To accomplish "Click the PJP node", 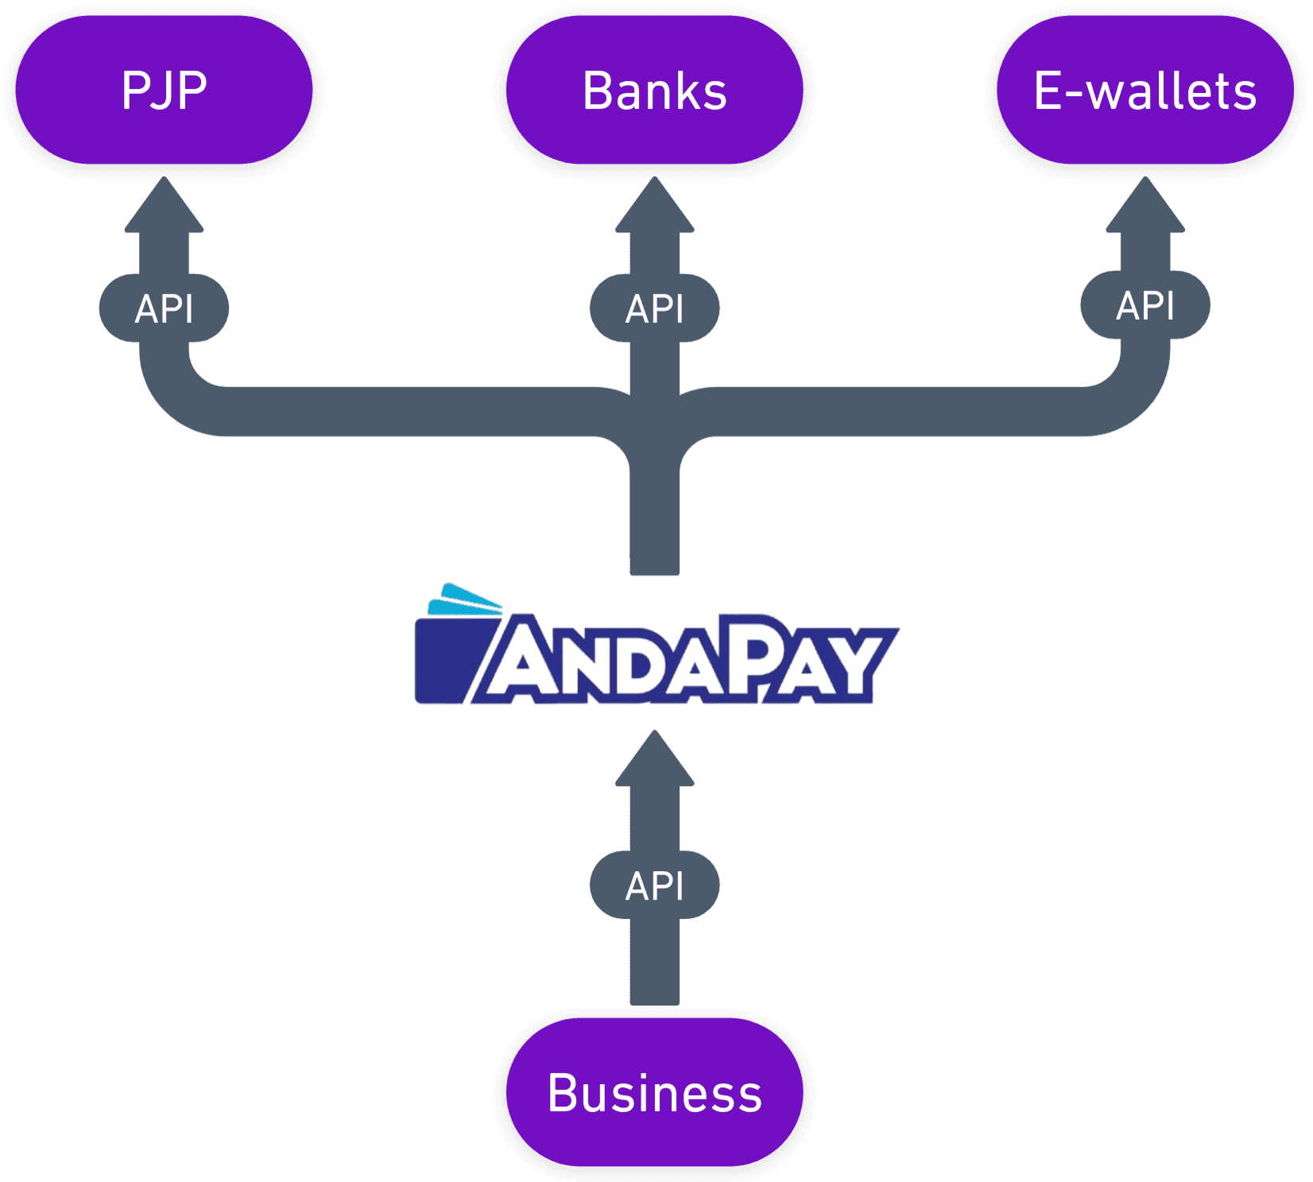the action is click(164, 90).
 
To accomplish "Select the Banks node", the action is click(654, 90).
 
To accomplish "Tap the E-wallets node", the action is click(1145, 90).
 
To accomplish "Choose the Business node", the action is click(654, 1092).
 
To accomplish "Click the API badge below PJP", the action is click(164, 308).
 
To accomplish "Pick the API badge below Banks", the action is click(654, 308).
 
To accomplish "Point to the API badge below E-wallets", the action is click(1145, 305).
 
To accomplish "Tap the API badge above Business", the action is click(654, 885).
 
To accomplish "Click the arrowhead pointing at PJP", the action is click(164, 204).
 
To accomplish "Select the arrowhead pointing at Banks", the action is click(654, 204).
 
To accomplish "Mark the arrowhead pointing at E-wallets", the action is click(1145, 204).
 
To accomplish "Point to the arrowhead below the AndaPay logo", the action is click(654, 758).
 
